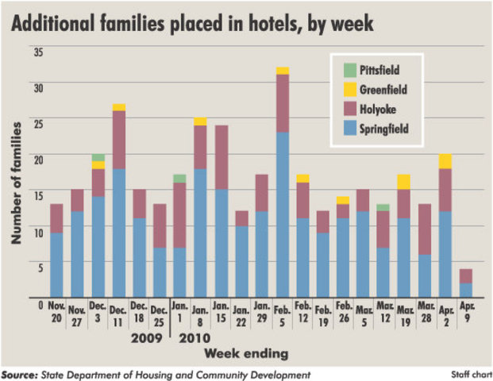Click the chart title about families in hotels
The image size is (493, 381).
[x=191, y=23]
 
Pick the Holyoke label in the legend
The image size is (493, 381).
[x=384, y=110]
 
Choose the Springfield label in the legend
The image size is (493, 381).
[x=390, y=128]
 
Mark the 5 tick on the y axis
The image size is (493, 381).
[x=38, y=267]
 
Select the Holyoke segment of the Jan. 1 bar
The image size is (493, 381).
[x=179, y=215]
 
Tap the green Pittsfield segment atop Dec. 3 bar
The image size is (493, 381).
[x=98, y=158]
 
